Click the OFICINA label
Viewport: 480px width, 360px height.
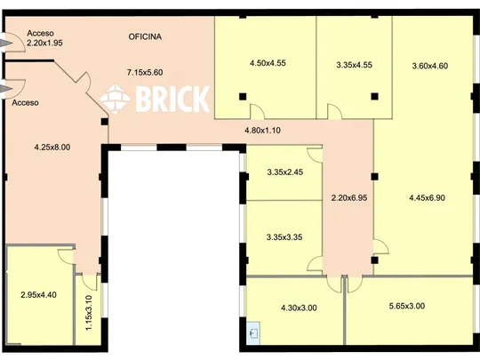click(145, 36)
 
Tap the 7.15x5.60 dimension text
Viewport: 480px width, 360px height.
click(145, 73)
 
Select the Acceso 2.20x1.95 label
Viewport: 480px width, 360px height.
click(44, 38)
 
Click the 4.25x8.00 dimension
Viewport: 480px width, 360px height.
click(52, 148)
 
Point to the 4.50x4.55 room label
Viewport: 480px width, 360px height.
click(268, 63)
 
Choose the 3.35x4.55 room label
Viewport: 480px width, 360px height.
click(354, 65)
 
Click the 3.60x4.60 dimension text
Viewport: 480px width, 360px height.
click(430, 66)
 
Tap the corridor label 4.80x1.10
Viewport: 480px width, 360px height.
click(262, 131)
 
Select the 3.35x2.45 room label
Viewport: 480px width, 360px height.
click(285, 172)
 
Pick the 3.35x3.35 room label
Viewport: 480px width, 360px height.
click(284, 237)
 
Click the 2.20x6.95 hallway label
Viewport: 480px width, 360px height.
click(349, 197)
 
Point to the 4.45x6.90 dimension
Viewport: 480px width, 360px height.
click(427, 197)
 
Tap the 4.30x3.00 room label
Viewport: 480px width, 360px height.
click(299, 308)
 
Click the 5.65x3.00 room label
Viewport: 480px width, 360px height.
click(407, 306)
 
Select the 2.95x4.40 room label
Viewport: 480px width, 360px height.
click(38, 295)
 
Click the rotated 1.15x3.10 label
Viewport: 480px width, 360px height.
click(89, 313)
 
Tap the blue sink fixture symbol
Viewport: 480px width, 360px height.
click(253, 332)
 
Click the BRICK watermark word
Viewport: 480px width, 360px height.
click(172, 99)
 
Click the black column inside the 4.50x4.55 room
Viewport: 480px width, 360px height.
click(243, 97)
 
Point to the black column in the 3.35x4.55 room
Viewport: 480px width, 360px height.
click(375, 97)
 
